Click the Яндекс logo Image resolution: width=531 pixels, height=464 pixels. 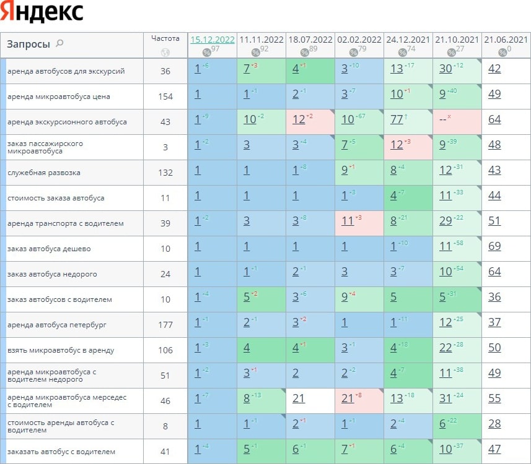[x=42, y=12]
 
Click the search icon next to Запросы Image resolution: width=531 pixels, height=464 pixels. [x=59, y=43]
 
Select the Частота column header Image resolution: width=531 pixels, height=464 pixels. [x=165, y=38]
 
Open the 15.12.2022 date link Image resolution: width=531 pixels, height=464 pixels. [x=213, y=40]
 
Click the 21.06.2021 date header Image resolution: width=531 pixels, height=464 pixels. [x=506, y=40]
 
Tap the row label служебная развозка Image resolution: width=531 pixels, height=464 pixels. [x=43, y=173]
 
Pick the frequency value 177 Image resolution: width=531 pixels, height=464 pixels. [x=165, y=325]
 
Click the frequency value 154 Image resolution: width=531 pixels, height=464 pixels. [x=165, y=97]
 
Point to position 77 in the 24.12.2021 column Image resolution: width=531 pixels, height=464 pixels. [x=397, y=119]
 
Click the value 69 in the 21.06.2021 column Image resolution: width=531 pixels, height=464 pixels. [x=494, y=246]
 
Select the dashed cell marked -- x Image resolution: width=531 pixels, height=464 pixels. [x=444, y=119]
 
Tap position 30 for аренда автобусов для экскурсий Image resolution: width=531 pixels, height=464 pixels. [x=445, y=69]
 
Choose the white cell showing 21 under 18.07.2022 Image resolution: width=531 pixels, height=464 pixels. [x=299, y=398]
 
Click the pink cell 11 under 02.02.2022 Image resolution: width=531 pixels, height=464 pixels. [x=348, y=221]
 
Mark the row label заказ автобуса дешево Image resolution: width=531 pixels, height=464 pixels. [x=49, y=249]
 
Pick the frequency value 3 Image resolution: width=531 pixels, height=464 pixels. [x=165, y=147]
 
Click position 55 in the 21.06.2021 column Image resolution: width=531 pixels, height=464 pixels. [x=494, y=398]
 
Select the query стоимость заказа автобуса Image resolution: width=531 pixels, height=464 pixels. [x=56, y=198]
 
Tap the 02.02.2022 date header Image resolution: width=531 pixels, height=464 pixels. [x=359, y=40]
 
